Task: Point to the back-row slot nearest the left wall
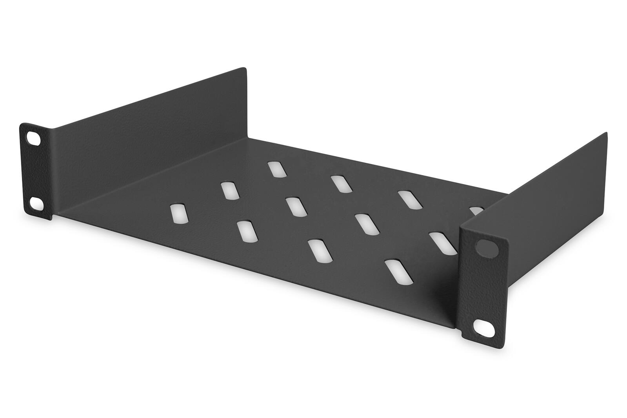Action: (276, 169)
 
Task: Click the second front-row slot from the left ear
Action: (247, 231)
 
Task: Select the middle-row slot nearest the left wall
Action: (229, 190)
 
